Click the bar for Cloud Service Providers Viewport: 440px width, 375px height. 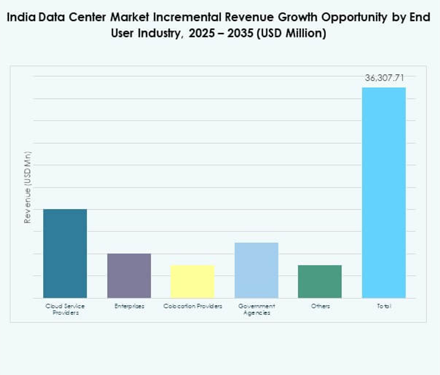[65, 253]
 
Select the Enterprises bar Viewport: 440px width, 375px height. [129, 276]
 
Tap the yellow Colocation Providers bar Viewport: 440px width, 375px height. [192, 281]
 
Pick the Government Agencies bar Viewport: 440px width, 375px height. [256, 270]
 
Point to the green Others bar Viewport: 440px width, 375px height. [320, 281]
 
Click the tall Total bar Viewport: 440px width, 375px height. [384, 193]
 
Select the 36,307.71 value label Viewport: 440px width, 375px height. [384, 78]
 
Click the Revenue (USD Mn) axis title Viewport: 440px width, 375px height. [27, 187]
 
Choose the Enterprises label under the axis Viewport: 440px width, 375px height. [129, 306]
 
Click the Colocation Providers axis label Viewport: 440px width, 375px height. [192, 306]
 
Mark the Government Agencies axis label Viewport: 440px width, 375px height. [256, 309]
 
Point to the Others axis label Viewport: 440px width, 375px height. [320, 306]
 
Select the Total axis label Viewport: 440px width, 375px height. [384, 306]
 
